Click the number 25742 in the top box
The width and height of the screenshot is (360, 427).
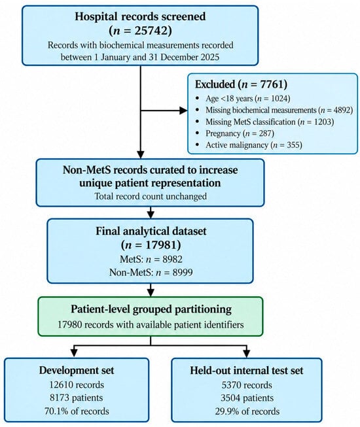click(x=151, y=31)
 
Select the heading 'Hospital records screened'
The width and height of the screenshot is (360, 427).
click(x=140, y=16)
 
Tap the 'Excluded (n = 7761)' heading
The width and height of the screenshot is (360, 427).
click(x=241, y=84)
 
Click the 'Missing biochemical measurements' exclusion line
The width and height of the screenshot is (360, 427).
click(x=279, y=110)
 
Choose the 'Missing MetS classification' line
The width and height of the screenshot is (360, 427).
click(x=270, y=122)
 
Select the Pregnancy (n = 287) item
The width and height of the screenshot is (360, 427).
click(x=240, y=133)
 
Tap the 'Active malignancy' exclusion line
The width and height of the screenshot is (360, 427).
click(x=254, y=145)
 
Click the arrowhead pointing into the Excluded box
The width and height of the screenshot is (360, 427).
click(x=183, y=111)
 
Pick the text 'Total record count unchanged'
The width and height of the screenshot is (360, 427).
click(x=151, y=196)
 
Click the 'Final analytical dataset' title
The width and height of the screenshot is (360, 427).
click(x=151, y=231)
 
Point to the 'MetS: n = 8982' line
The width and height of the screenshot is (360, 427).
click(x=151, y=259)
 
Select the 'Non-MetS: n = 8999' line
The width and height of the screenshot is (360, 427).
click(x=151, y=272)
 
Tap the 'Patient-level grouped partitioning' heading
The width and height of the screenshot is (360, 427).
click(x=151, y=309)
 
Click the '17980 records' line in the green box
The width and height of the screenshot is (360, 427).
click(x=151, y=324)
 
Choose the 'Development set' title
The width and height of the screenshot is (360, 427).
click(x=77, y=370)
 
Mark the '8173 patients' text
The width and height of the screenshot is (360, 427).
click(x=77, y=398)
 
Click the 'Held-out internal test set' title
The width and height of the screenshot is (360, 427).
click(x=247, y=371)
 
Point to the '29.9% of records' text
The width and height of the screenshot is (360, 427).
click(x=247, y=411)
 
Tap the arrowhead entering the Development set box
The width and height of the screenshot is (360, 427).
click(x=74, y=354)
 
